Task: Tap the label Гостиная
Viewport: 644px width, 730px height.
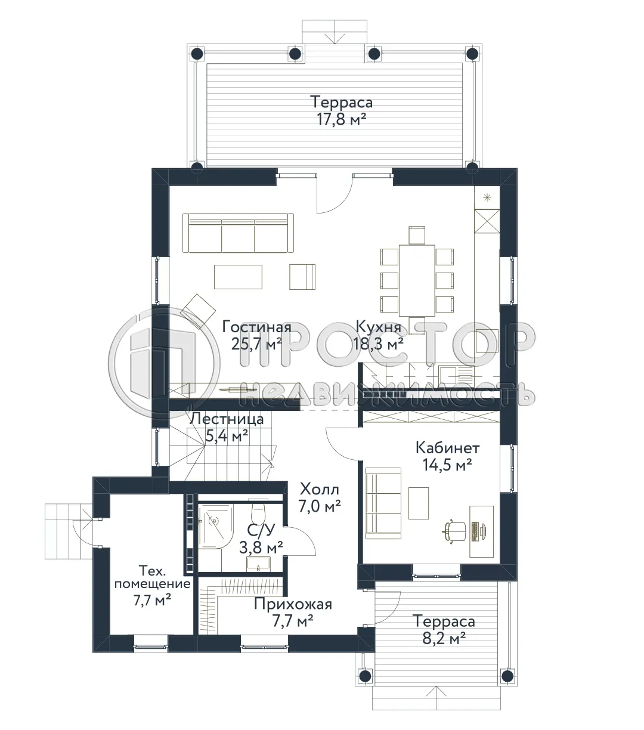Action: (x=256, y=327)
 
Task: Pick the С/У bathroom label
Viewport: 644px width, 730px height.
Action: (x=261, y=530)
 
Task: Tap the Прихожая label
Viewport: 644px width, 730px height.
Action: (x=292, y=604)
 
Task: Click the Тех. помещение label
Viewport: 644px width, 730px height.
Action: (x=152, y=576)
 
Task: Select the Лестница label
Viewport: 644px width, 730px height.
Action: (x=226, y=419)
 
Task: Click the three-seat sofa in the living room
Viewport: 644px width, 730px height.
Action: (x=239, y=232)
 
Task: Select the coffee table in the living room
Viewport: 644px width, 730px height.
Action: (x=239, y=277)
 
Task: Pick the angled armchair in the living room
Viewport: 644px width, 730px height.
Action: (x=198, y=308)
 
